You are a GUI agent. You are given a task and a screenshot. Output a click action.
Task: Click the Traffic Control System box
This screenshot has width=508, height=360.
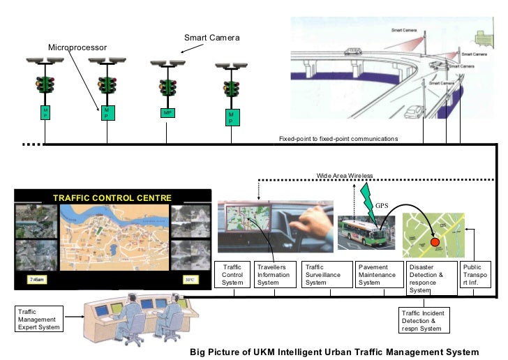[232, 274]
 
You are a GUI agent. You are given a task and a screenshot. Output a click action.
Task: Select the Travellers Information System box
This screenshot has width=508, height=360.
[274, 274]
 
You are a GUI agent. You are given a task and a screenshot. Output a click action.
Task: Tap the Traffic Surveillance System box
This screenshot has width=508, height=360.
[326, 274]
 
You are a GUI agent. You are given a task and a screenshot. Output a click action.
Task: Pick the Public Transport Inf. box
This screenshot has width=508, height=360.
[475, 274]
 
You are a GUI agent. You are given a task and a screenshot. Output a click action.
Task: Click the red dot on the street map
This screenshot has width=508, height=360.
[435, 241]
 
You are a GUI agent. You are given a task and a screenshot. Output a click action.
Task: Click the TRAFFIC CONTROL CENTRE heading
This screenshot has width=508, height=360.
[112, 197]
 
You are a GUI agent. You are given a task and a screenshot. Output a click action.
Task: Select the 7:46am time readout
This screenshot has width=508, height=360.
[36, 280]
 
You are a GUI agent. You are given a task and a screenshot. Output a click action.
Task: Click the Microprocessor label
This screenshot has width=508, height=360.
[77, 47]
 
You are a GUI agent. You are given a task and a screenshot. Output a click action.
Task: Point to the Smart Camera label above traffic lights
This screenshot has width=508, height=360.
[211, 37]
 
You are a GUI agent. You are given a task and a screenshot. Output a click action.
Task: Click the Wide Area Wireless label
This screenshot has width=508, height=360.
[345, 175]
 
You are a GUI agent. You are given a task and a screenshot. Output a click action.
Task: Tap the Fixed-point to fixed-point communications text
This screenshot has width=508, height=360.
[338, 139]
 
